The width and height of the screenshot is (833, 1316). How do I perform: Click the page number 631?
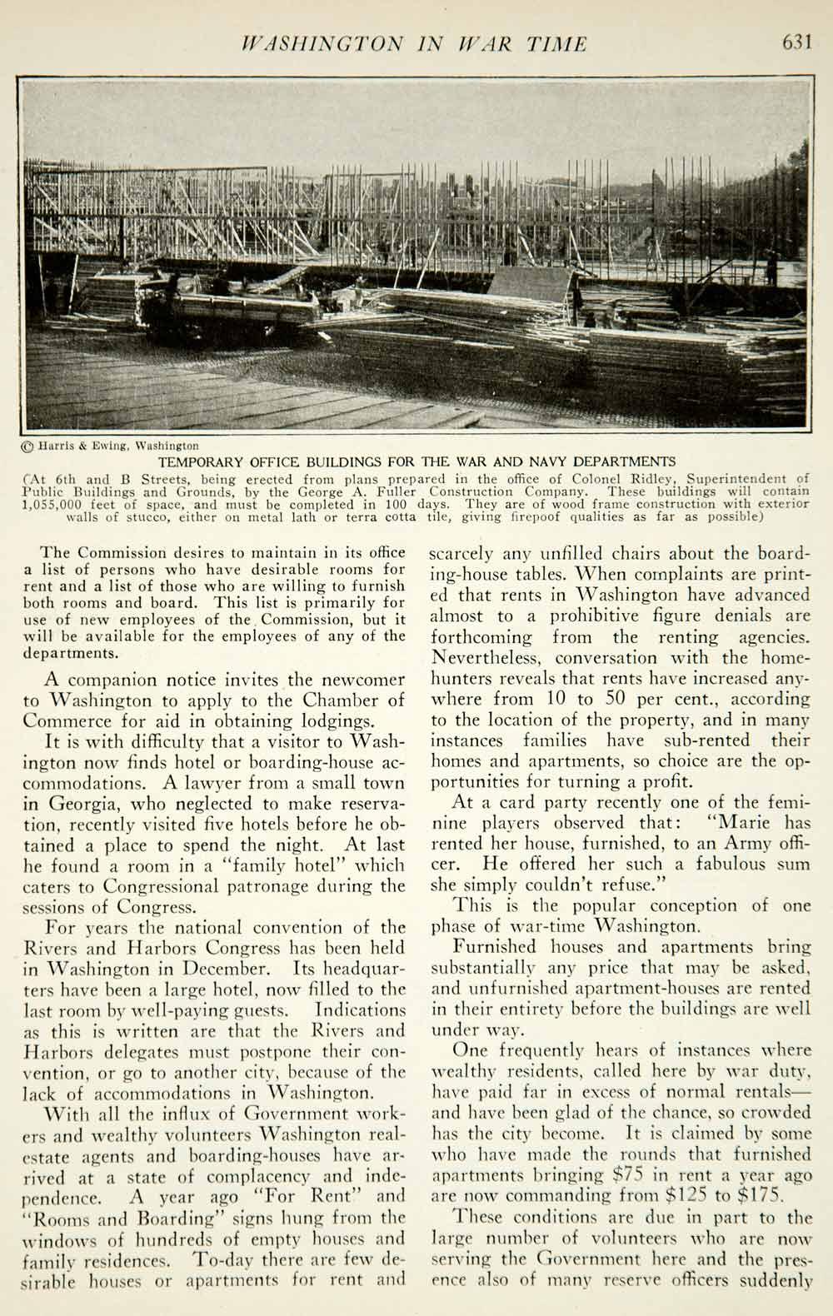pyautogui.click(x=796, y=42)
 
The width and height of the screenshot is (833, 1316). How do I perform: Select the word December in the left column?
pyautogui.click(x=226, y=969)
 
